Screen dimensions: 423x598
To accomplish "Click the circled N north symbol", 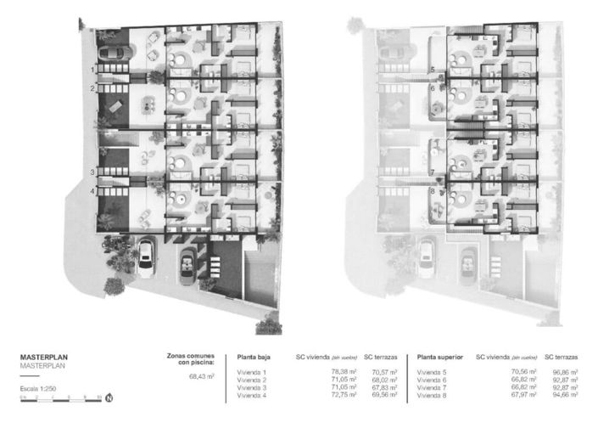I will [x=109, y=397].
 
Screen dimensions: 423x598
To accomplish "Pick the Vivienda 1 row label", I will [x=252, y=372].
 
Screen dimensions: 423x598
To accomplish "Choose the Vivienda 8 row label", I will [x=433, y=395].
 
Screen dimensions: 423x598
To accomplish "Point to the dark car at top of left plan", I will [x=115, y=53].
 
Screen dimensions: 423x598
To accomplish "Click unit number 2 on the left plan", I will [x=92, y=88].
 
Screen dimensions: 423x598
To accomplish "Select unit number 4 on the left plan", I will [x=92, y=191].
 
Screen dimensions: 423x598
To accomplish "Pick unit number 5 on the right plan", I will [x=432, y=70].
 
